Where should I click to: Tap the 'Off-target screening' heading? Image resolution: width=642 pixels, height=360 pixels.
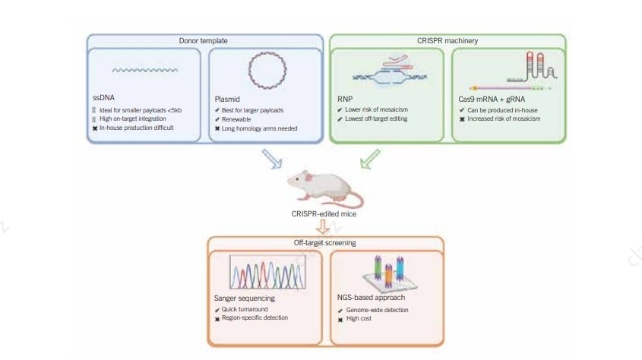click(x=325, y=243)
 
